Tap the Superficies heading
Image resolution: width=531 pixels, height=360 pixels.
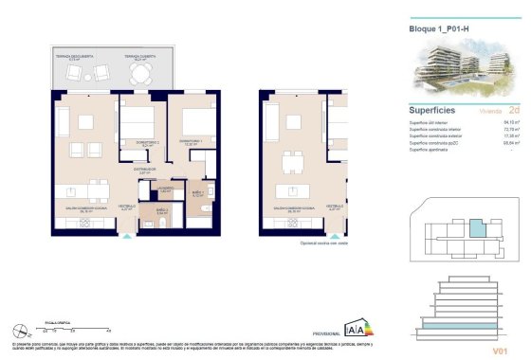(435, 110)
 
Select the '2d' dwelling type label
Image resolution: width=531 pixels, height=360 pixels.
(513, 110)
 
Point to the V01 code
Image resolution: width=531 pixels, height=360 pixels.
(500, 350)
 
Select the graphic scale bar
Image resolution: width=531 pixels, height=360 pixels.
(61, 328)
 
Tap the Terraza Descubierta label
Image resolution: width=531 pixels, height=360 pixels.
(70, 57)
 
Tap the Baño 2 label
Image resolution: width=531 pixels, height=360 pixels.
(161, 210)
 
